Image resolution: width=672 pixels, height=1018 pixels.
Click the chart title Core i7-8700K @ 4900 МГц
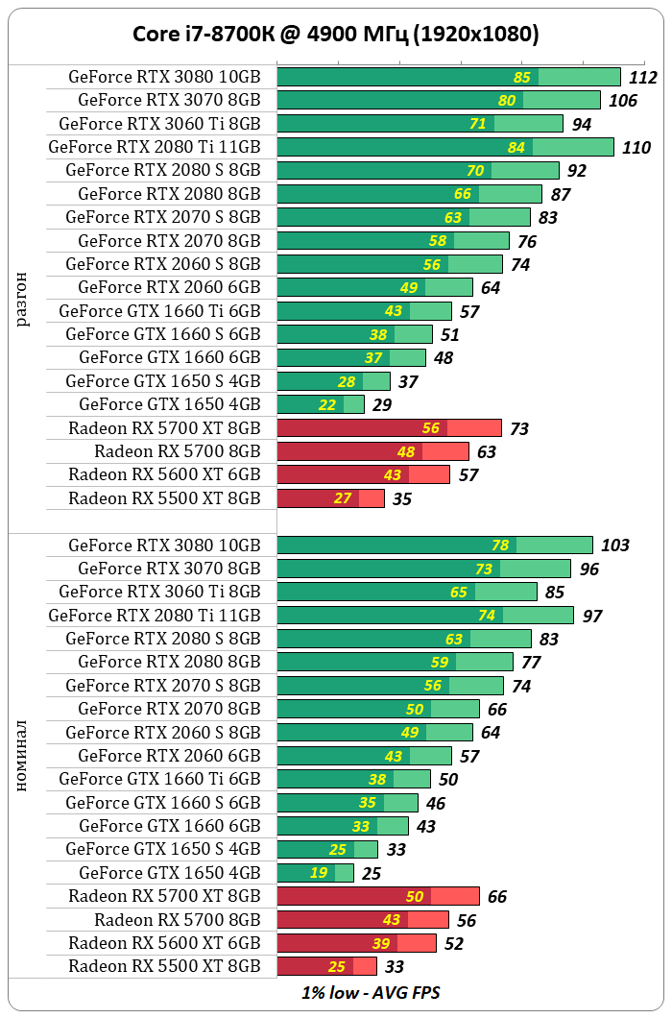(x=335, y=35)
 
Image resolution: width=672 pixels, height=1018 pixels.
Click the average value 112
(x=643, y=78)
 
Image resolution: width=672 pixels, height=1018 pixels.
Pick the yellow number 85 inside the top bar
(x=522, y=78)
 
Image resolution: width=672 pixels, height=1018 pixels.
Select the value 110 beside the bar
(x=636, y=148)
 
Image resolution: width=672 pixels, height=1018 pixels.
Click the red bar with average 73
(x=389, y=428)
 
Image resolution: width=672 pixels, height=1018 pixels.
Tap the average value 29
(x=382, y=405)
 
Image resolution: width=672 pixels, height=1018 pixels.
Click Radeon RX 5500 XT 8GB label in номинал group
(x=164, y=966)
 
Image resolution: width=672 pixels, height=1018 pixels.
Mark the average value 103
(x=615, y=545)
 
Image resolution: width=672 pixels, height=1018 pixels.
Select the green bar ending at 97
(x=425, y=616)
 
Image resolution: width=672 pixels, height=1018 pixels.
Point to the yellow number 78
(x=500, y=545)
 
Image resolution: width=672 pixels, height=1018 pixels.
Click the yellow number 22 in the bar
(x=327, y=405)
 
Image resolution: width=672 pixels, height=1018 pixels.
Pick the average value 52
(x=454, y=944)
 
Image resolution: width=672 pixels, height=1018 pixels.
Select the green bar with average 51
(x=354, y=334)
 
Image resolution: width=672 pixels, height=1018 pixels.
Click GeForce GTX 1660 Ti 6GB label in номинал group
(x=159, y=779)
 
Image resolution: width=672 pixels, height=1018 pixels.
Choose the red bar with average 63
(x=372, y=451)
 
